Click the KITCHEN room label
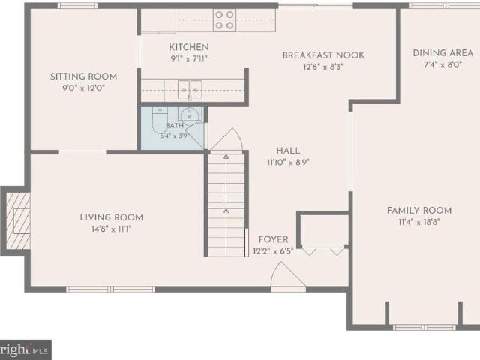pos(189,47)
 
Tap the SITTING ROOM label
pos(83,76)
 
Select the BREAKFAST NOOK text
pos(323,55)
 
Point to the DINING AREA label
pos(443,53)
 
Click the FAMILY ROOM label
pos(419,211)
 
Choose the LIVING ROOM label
pos(112,217)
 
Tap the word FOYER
pos(273,239)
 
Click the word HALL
pos(288,151)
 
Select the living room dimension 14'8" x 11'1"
pos(112,229)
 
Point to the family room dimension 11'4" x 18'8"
pos(419,222)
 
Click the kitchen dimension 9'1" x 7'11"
pos(189,58)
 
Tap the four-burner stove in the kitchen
pos(225,20)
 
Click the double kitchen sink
pos(190,89)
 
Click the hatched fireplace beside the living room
pos(18,220)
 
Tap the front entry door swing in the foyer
pos(288,274)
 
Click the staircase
pos(226,205)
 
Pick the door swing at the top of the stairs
pos(226,139)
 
